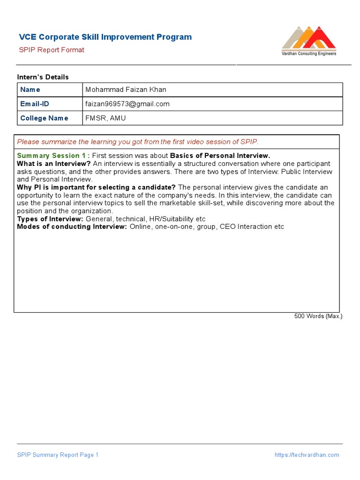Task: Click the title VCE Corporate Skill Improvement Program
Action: pos(105,37)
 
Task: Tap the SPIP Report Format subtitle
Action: pos(52,50)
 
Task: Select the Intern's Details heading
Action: pos(43,77)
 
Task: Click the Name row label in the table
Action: pos(30,90)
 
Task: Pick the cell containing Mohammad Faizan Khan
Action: pos(126,90)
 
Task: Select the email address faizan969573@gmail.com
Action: pos(127,104)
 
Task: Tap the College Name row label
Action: pos(44,118)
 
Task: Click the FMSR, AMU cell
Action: pos(105,118)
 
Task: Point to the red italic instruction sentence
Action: pos(137,142)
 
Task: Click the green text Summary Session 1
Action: pos(53,156)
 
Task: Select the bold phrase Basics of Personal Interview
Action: pos(220,156)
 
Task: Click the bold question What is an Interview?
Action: pos(54,164)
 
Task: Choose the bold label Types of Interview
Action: pos(50,219)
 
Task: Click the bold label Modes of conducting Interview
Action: pos(72,227)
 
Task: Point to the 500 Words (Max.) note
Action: pos(318,316)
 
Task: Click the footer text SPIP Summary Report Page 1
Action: pos(58,455)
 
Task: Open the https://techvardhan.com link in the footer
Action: pos(307,455)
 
